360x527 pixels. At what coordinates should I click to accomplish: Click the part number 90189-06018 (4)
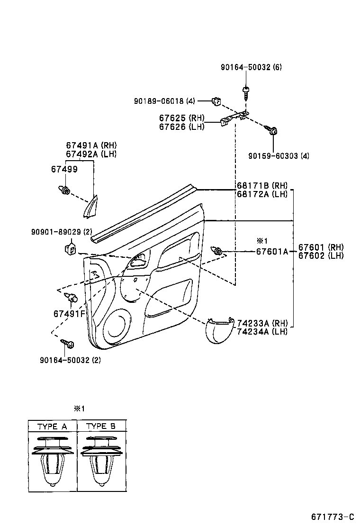(164, 101)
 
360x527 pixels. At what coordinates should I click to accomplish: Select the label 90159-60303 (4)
(279, 156)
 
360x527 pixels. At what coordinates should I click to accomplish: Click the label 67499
(64, 169)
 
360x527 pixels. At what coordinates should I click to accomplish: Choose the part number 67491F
(69, 314)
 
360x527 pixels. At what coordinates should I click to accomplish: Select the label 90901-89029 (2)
(62, 232)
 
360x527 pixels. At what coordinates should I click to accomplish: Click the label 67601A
(272, 252)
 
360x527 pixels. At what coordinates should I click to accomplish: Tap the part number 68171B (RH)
(262, 186)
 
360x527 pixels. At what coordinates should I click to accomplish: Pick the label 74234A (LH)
(262, 331)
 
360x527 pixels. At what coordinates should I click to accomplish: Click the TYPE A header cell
(52, 426)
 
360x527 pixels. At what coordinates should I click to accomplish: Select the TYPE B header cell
(101, 426)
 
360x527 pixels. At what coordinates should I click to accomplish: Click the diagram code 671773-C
(333, 516)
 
